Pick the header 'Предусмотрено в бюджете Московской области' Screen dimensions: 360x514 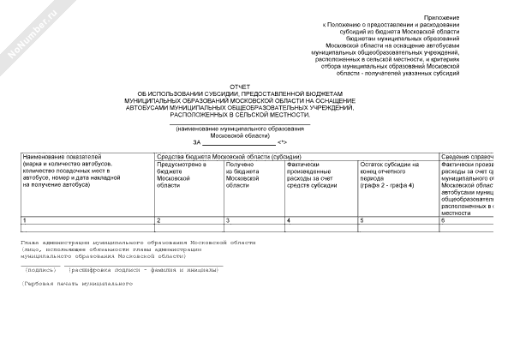click(181, 174)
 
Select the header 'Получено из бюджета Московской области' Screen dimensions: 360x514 click(248, 174)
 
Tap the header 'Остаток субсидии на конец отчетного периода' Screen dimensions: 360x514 click(391, 174)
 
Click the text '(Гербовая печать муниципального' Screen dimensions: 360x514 click(76, 284)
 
